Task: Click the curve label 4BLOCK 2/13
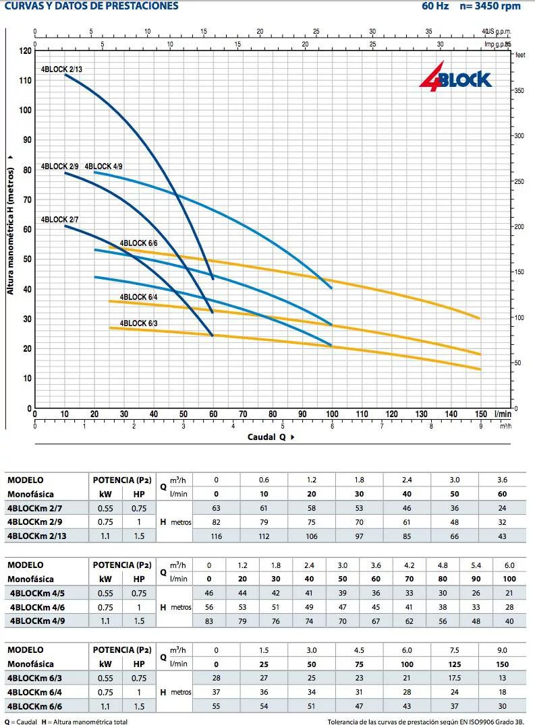[61, 69]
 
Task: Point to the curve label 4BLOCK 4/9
[103, 166]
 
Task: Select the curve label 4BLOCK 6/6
[138, 243]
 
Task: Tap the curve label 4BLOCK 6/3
[138, 323]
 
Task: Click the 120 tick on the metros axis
[25, 51]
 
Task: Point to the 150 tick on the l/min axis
[480, 414]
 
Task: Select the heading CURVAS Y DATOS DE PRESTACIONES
[92, 6]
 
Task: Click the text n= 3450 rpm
[490, 6]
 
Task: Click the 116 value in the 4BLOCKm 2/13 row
[216, 536]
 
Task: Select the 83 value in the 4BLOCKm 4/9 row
[208, 621]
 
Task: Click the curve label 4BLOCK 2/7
[59, 220]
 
